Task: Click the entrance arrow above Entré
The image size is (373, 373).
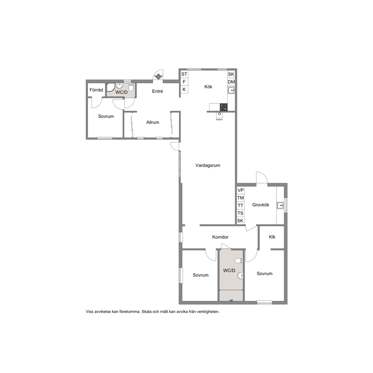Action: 158,77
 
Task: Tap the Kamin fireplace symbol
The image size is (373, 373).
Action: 219,115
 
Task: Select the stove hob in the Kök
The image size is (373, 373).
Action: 223,107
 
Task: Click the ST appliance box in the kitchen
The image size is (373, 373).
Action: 184,74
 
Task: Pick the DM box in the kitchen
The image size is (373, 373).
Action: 231,82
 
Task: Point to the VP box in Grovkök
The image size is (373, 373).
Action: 241,190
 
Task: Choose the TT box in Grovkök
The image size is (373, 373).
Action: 241,206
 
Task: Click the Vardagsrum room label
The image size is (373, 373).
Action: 208,165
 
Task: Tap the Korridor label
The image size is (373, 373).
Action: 220,237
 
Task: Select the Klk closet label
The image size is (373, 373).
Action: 272,237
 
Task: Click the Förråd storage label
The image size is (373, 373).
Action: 96,90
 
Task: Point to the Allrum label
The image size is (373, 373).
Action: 153,122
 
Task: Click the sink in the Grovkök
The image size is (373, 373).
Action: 280,205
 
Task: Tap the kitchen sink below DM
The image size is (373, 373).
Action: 231,90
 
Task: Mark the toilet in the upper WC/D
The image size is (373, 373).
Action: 131,87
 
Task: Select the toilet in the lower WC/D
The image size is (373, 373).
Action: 239,261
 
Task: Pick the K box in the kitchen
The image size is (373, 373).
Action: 184,89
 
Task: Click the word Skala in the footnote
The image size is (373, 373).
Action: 147,312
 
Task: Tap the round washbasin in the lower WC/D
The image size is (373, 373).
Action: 240,276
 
